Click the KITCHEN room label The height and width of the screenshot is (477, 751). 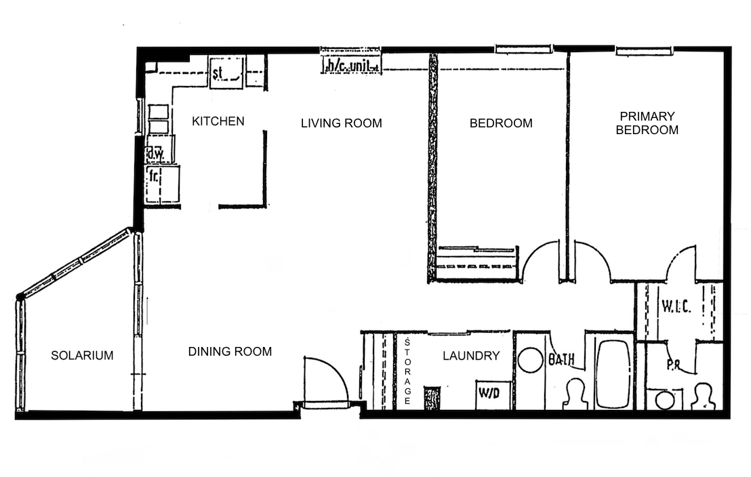[218, 121]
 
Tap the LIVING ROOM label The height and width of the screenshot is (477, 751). [342, 123]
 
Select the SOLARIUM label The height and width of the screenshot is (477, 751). [83, 355]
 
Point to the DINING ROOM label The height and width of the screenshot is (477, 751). [230, 352]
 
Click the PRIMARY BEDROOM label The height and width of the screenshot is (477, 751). [647, 123]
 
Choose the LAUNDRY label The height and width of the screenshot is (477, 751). [471, 356]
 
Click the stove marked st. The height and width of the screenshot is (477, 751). [227, 72]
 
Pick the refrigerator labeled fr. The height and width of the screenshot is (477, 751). [163, 184]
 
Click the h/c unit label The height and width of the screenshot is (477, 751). [352, 66]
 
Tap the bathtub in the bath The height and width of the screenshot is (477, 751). [613, 374]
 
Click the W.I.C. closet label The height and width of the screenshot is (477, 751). [676, 306]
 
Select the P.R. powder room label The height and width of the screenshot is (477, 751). [674, 365]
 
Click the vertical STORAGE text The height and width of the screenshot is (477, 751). [407, 371]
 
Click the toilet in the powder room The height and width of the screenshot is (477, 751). [703, 396]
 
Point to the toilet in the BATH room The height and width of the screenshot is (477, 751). [576, 394]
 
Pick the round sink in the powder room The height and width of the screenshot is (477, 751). [665, 400]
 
